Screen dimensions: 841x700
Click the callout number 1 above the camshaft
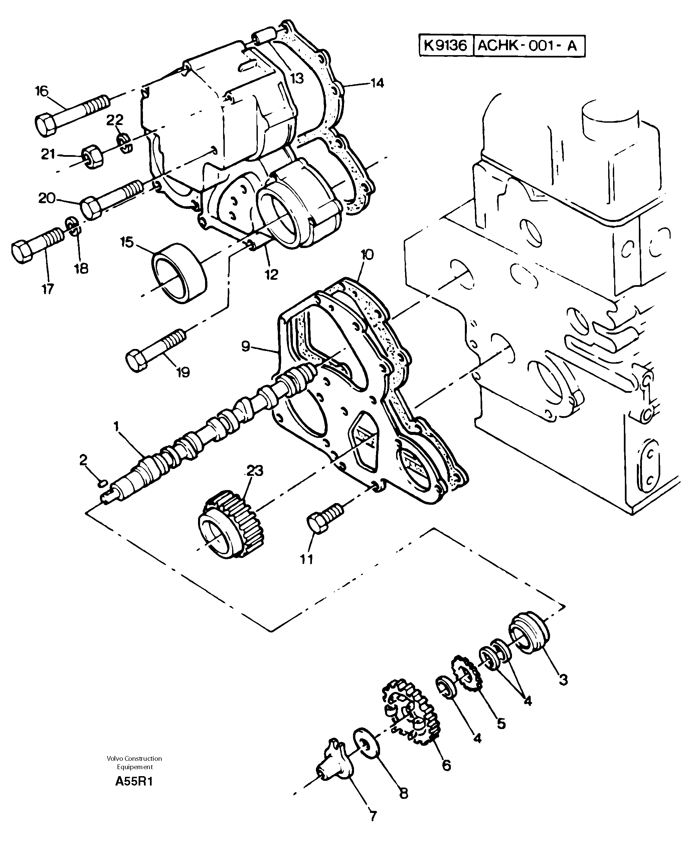[117, 427]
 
